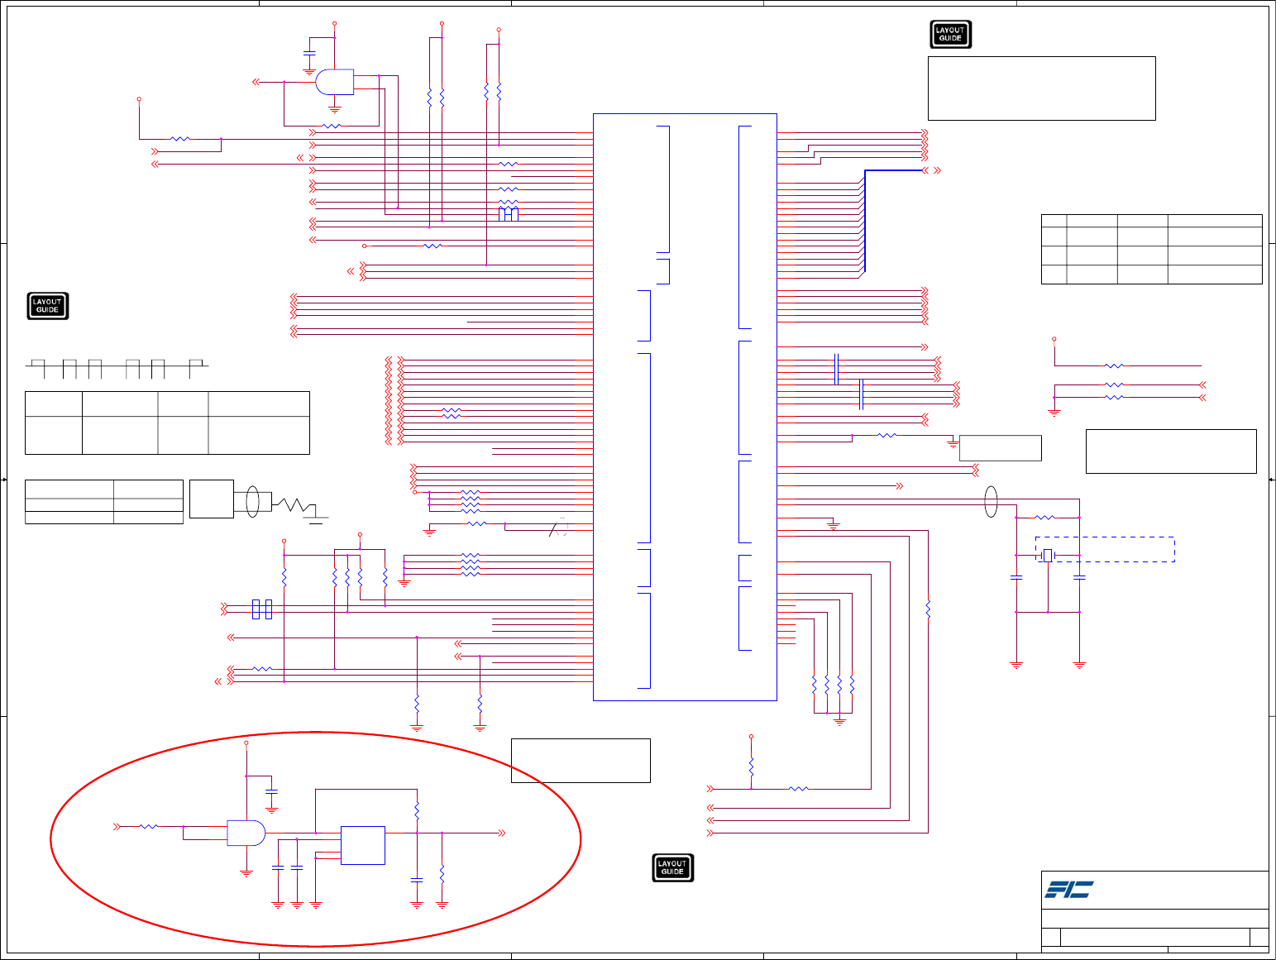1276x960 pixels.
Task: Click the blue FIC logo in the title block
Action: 1068,889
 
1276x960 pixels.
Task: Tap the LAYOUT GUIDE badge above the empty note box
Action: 950,35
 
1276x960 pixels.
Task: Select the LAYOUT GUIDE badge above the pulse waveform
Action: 47,306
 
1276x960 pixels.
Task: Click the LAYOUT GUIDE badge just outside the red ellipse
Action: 672,867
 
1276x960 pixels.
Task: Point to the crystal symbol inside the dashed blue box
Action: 1048,556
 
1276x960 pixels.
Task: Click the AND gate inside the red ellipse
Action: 246,833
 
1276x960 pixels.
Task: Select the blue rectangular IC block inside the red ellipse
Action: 362,845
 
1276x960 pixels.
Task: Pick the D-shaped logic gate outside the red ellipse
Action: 335,82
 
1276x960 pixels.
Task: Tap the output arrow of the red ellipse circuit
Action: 502,833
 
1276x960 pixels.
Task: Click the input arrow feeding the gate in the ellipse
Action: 117,826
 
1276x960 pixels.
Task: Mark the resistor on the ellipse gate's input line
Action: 149,826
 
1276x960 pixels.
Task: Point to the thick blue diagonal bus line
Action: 864,219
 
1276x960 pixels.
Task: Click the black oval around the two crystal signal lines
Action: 991,501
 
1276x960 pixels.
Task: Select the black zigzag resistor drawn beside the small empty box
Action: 293,504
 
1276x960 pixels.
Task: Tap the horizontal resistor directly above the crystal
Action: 1045,518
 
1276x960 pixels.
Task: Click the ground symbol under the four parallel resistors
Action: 839,722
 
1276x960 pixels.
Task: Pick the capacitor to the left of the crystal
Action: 1016,577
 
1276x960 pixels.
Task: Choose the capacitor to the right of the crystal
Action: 1079,577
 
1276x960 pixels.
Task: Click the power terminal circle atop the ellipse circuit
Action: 246,743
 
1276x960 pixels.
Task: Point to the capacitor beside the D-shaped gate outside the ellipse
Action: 309,53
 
